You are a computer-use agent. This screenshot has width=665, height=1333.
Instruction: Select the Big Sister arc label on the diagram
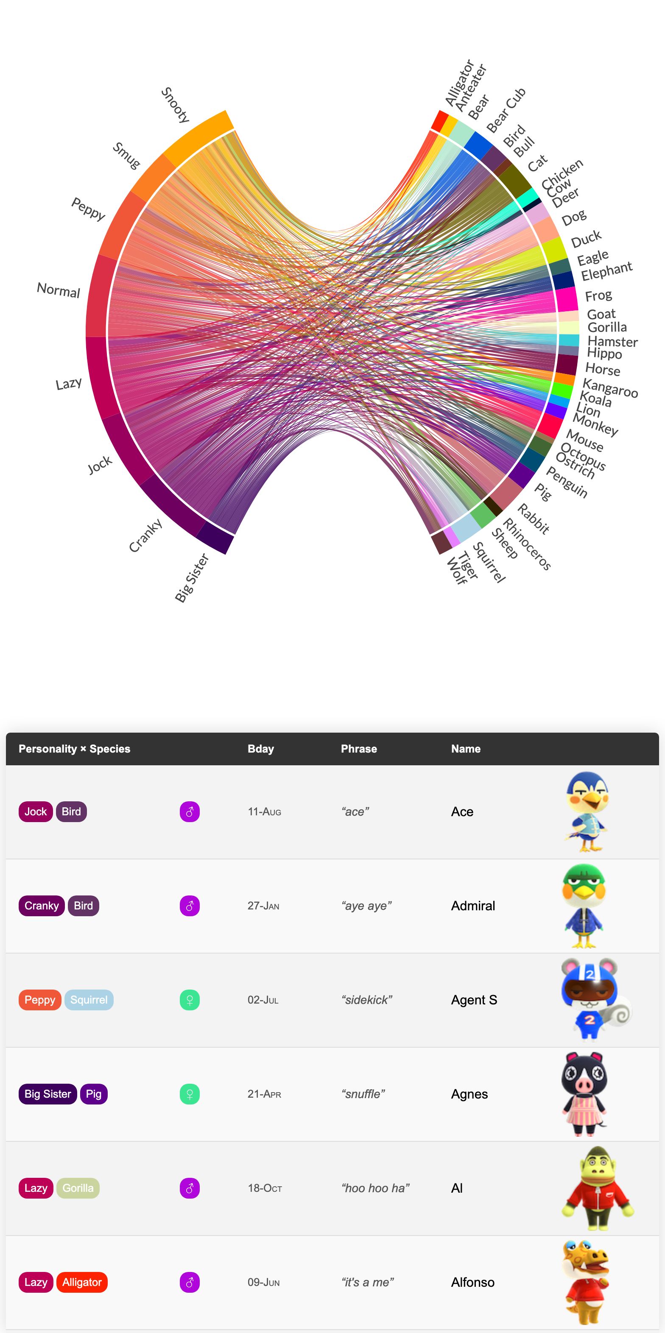coord(191,577)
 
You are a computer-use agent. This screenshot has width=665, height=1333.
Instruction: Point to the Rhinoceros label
coord(527,544)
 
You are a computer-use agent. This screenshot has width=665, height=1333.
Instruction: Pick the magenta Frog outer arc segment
coord(567,298)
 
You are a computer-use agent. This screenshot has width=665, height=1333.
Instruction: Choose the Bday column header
coord(260,749)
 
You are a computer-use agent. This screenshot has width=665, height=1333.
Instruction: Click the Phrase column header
coord(359,749)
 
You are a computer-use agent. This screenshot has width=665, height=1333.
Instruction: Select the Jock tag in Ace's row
coord(36,812)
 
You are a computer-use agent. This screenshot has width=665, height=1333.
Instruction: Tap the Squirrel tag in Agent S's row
coord(89,1000)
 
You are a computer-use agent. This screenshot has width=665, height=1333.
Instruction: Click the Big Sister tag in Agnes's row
coord(47,1094)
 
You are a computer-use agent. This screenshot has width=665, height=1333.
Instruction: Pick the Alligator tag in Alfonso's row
coord(82,1282)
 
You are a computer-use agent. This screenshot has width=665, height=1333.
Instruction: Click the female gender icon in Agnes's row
coord(190,1094)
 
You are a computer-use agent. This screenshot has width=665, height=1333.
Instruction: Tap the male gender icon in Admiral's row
coord(190,906)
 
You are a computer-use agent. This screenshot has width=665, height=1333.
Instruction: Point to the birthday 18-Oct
coord(265,1188)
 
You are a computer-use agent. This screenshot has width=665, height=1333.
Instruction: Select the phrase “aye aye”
coord(366,906)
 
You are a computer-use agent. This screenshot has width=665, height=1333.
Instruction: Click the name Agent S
coord(474,1000)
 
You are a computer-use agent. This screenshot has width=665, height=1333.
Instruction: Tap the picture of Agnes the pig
coord(584,1094)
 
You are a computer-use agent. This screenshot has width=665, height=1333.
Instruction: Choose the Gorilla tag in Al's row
coord(78,1188)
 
